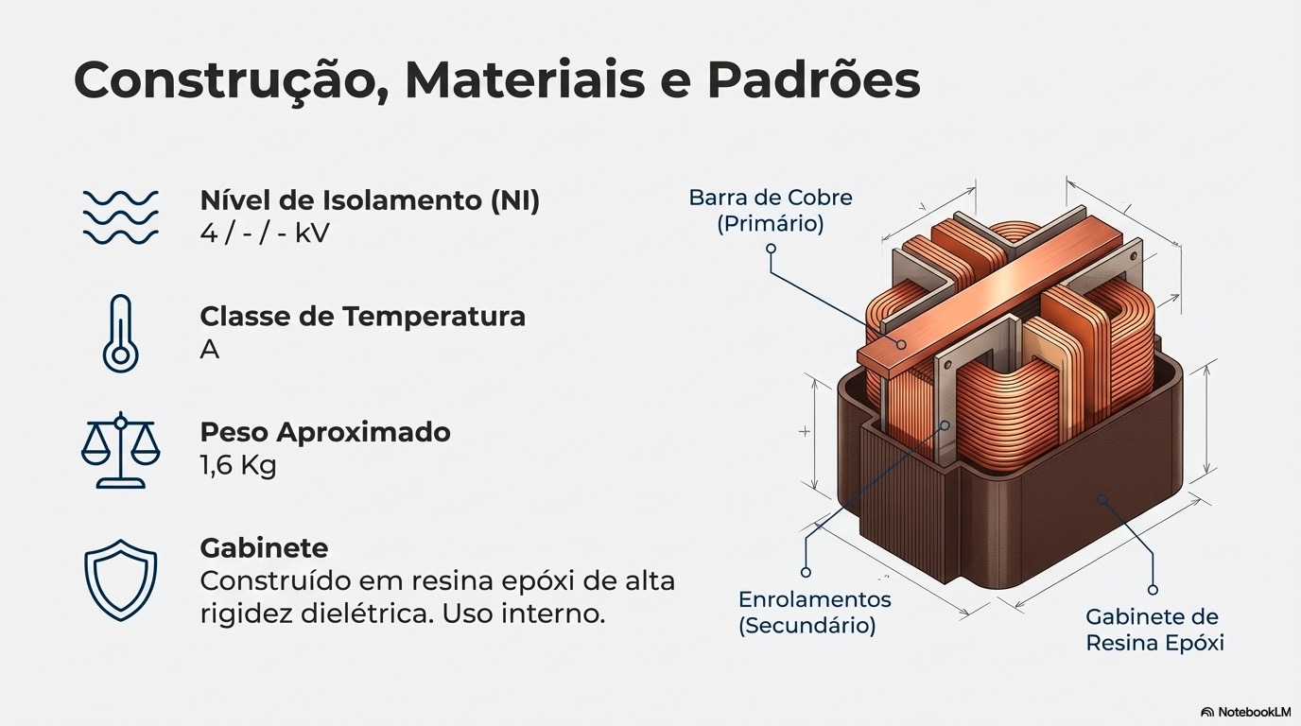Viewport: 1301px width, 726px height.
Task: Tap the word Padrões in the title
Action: click(813, 81)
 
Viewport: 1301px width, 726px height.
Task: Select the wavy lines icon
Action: click(120, 216)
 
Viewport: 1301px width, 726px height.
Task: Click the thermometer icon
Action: click(120, 333)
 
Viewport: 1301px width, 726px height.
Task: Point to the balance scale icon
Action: click(120, 450)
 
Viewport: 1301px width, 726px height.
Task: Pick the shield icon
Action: click(120, 579)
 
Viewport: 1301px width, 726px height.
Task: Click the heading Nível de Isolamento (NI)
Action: click(370, 200)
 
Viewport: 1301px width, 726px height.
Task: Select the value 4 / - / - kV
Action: click(265, 233)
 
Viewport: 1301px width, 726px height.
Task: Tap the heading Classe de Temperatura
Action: click(362, 316)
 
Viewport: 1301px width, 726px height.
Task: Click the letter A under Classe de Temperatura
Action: click(210, 349)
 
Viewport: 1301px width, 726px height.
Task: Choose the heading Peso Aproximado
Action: click(325, 432)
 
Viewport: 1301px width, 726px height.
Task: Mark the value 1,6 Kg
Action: click(238, 465)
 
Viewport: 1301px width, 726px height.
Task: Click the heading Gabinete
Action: click(264, 547)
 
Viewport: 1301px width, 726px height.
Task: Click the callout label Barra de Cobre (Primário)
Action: click(770, 210)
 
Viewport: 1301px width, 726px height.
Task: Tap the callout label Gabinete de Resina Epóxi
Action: click(1154, 630)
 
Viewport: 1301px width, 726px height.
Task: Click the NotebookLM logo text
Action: click(1249, 711)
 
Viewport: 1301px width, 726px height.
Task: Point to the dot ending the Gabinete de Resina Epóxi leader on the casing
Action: click(1101, 498)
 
